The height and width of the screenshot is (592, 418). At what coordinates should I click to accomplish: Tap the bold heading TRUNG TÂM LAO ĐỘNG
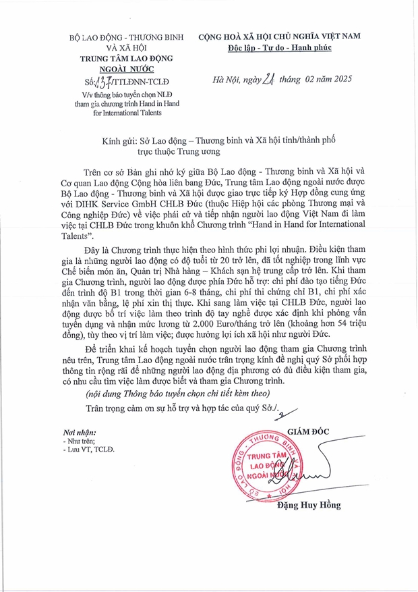click(127, 58)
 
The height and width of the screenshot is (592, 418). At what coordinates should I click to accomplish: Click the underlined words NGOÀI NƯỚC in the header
click(127, 69)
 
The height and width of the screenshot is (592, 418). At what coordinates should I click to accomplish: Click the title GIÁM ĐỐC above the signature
click(308, 431)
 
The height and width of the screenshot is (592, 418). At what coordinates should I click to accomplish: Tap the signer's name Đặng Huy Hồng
click(309, 505)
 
